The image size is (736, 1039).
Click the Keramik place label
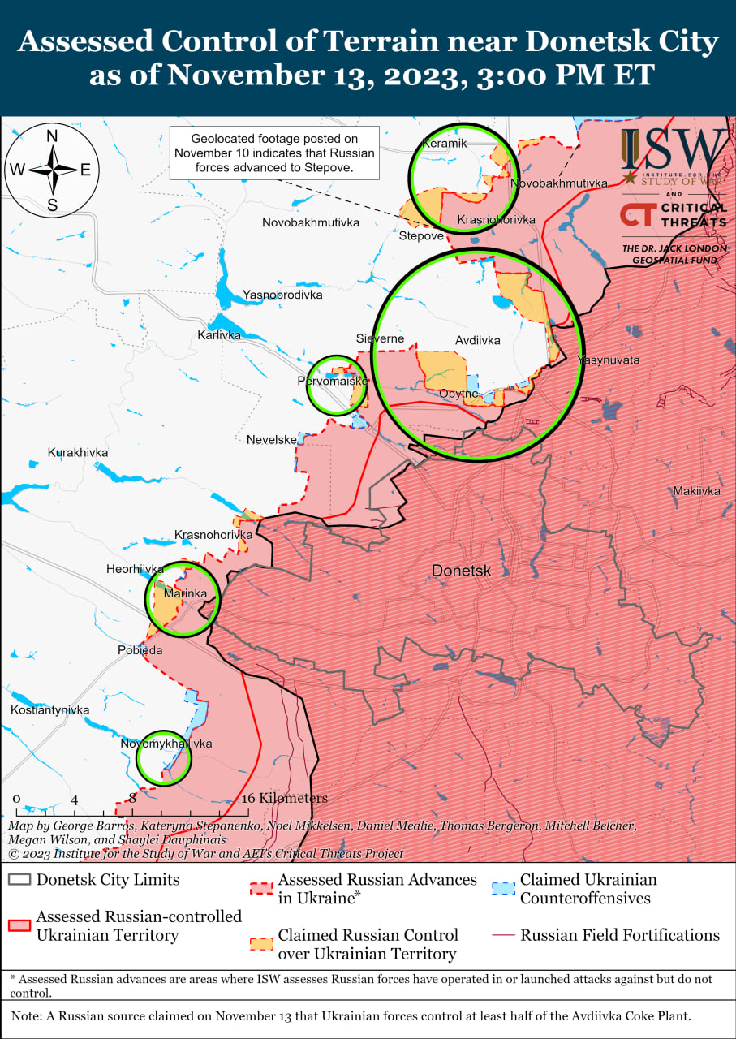(x=445, y=144)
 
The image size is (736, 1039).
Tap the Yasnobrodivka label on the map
(x=282, y=295)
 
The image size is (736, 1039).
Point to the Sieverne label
(x=380, y=338)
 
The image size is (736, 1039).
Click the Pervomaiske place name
(x=334, y=381)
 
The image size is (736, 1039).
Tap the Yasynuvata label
(x=608, y=360)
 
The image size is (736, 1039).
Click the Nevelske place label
(x=272, y=439)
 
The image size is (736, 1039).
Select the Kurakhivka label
(x=78, y=452)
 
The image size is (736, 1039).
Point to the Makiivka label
(x=696, y=491)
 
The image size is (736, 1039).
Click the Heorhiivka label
(x=136, y=569)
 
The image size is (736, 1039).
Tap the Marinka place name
(x=181, y=594)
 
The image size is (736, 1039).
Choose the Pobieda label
(x=140, y=650)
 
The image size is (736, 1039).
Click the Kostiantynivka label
(x=50, y=710)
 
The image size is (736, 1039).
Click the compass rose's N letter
(x=52, y=136)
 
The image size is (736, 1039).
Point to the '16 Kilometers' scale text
(x=285, y=798)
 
